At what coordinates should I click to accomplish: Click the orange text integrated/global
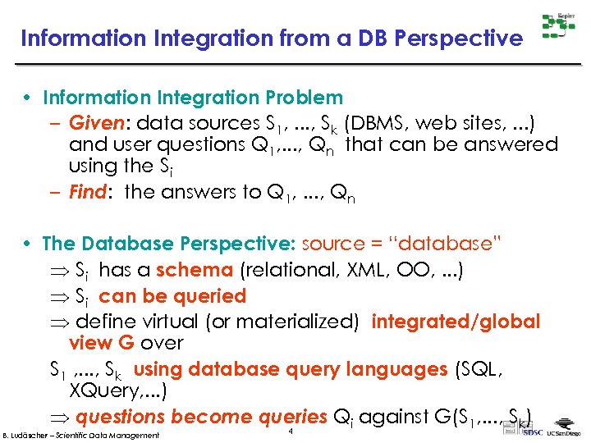pos(456,322)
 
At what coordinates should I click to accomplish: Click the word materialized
pos(302,322)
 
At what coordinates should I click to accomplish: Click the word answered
pos(510,144)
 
